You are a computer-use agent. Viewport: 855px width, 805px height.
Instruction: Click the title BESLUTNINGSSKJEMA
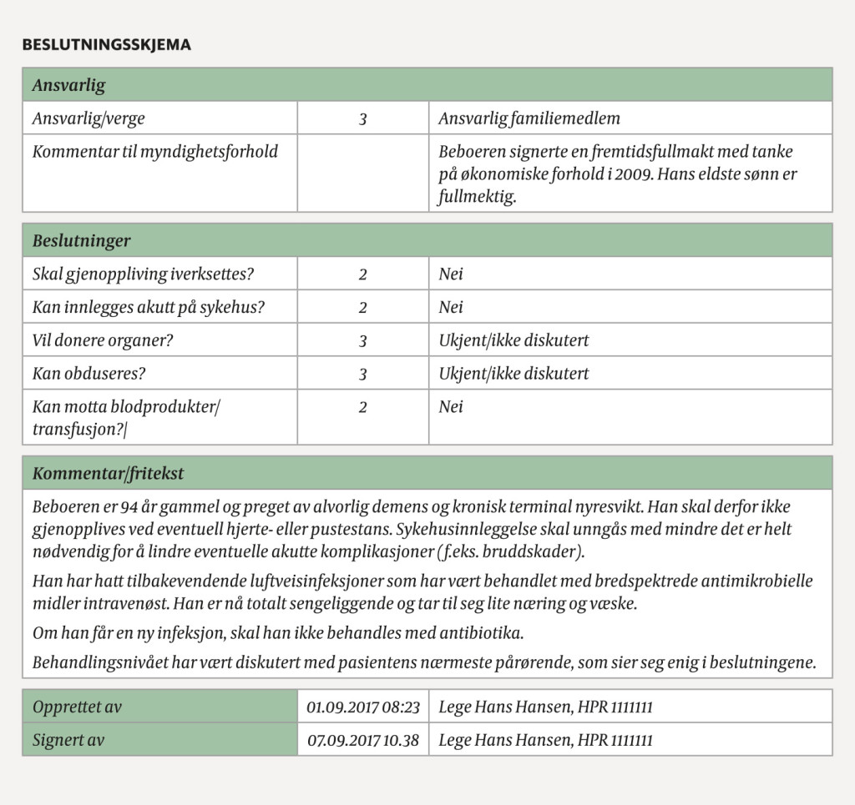coord(106,45)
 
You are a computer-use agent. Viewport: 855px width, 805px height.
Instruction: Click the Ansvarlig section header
coord(68,85)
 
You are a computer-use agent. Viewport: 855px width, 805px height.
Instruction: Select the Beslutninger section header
coord(81,241)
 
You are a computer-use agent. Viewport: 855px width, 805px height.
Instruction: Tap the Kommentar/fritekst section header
coord(108,474)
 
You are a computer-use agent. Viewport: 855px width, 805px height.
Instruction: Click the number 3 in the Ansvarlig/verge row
coord(363,119)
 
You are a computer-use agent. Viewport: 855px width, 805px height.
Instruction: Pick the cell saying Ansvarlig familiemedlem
coord(529,118)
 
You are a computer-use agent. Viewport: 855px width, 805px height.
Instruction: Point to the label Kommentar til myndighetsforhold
coord(154,151)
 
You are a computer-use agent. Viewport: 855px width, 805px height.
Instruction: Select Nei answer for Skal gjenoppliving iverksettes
coord(451,274)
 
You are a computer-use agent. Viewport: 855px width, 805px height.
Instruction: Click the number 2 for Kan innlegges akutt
coord(363,307)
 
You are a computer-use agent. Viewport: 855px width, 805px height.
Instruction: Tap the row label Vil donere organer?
coord(109,340)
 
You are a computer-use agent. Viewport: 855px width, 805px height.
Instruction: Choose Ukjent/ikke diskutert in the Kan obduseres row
coord(514,374)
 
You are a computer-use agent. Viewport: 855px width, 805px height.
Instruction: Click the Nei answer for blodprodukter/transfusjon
coord(451,407)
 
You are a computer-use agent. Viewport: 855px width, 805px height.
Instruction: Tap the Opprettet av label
coord(77,707)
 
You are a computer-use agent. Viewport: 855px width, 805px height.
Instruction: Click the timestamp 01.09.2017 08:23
coord(363,707)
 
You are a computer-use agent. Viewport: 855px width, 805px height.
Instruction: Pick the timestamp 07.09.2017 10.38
coord(363,740)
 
